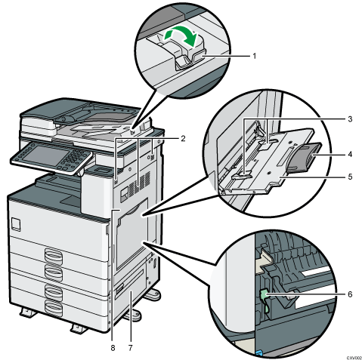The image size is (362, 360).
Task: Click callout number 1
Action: tap(255, 56)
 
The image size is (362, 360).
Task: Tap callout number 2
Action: tap(183, 138)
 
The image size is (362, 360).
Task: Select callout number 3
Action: tap(350, 118)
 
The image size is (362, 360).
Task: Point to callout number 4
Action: tap(350, 154)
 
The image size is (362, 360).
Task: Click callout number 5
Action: tap(350, 177)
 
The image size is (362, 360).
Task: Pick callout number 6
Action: tap(350, 294)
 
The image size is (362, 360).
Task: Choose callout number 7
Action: tap(130, 348)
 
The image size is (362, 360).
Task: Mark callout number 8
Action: tap(113, 348)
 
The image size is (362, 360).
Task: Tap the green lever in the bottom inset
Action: tap(264, 295)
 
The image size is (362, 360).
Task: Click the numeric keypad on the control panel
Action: tap(75, 157)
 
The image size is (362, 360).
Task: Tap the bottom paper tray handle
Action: tap(53, 307)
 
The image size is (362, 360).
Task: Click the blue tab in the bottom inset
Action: tap(259, 353)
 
